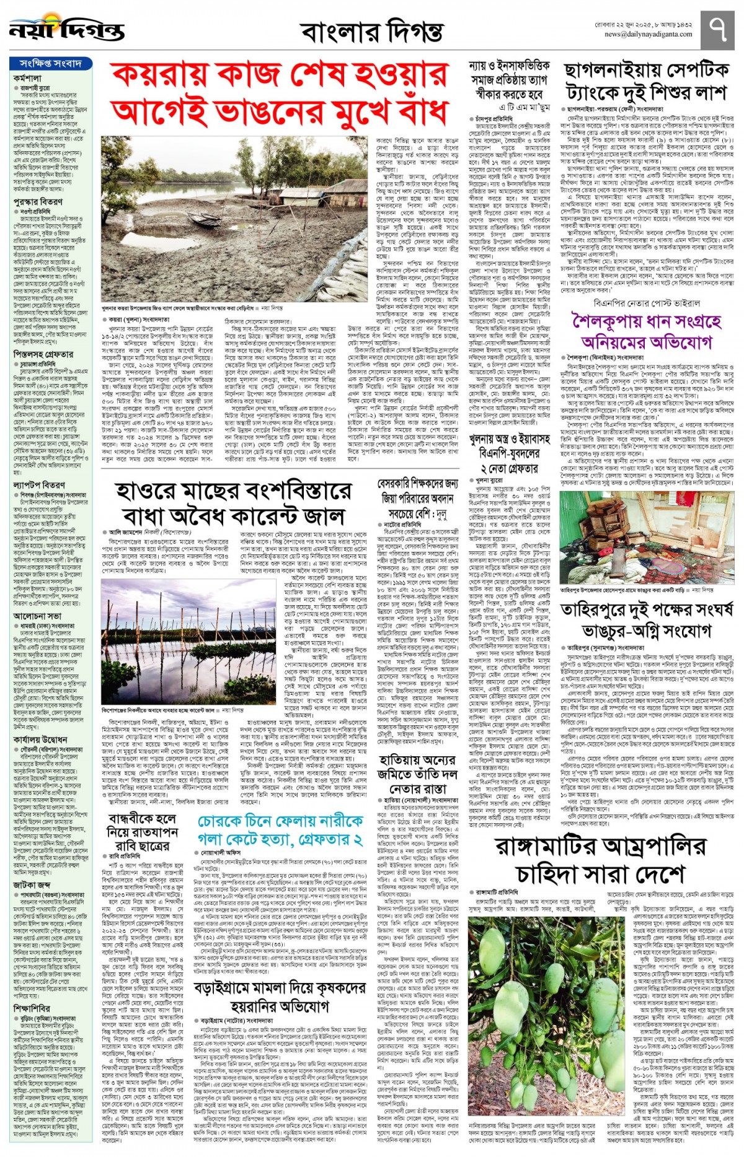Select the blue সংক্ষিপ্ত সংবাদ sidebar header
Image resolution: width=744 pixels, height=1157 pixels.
51,63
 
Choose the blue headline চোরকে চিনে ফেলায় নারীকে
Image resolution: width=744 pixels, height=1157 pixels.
280,831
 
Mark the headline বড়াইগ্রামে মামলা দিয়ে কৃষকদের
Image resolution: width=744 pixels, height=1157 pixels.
280,997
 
